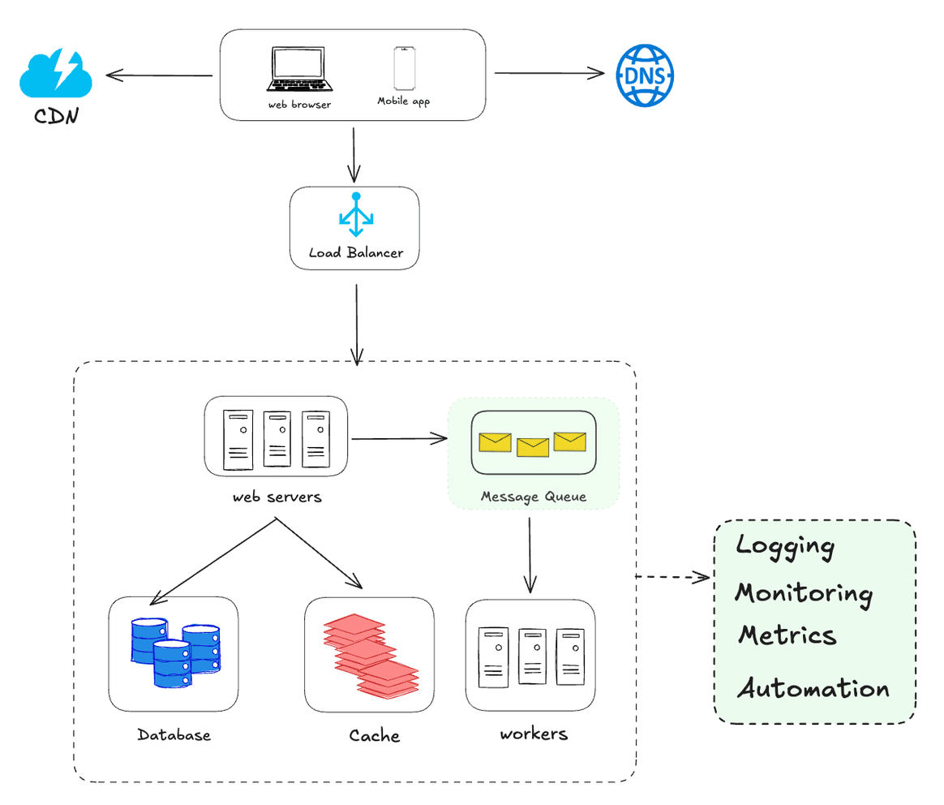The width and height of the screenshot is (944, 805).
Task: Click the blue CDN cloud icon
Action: point(55,74)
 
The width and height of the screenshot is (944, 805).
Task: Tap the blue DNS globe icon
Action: point(645,75)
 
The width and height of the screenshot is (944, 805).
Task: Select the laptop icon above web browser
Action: point(301,71)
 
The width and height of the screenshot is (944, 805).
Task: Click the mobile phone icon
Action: point(404,69)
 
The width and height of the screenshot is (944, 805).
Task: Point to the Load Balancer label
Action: point(354,252)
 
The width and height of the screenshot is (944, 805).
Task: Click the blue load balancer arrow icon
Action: point(355,214)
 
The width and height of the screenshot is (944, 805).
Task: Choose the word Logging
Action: point(784,546)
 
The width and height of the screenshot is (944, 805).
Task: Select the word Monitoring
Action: point(803,593)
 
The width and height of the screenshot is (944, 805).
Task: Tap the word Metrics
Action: point(787,635)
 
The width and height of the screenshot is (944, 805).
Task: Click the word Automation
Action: point(813,689)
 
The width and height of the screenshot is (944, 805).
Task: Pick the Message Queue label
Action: point(533,496)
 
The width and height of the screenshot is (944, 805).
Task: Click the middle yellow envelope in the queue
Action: point(533,447)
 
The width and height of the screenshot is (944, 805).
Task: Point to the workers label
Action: point(533,734)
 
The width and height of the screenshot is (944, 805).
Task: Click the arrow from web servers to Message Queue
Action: point(399,439)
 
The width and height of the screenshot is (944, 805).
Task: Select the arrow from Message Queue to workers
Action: point(530,555)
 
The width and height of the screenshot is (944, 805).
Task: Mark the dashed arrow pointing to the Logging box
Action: point(673,577)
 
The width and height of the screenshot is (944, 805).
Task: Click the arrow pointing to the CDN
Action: point(159,75)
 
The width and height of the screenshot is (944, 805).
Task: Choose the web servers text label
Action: point(277,497)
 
